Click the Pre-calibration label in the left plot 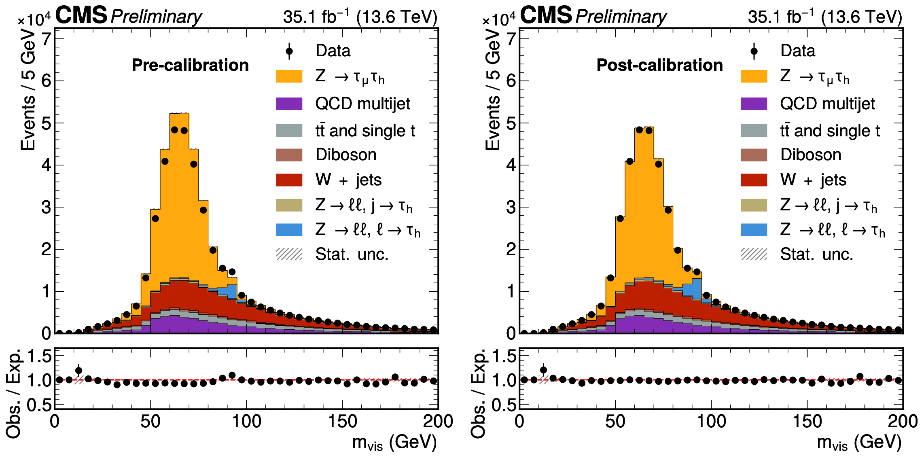click(x=190, y=65)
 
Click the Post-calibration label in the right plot click(x=659, y=65)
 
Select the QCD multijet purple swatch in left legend click(x=289, y=104)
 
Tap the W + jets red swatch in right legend click(x=754, y=180)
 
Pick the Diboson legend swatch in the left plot click(x=289, y=155)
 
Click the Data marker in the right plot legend click(x=754, y=51)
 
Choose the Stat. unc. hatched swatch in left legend click(x=289, y=254)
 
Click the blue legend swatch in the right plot click(x=754, y=230)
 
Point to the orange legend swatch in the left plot click(x=289, y=76)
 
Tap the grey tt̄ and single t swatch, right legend click(x=754, y=130)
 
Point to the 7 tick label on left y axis click(x=47, y=39)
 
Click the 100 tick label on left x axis click(x=246, y=422)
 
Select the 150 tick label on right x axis click(x=807, y=422)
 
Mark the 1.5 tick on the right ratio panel click(x=502, y=356)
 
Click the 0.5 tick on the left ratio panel click(x=39, y=405)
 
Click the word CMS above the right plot click(x=546, y=15)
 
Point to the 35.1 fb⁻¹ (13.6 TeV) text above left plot click(x=360, y=17)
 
